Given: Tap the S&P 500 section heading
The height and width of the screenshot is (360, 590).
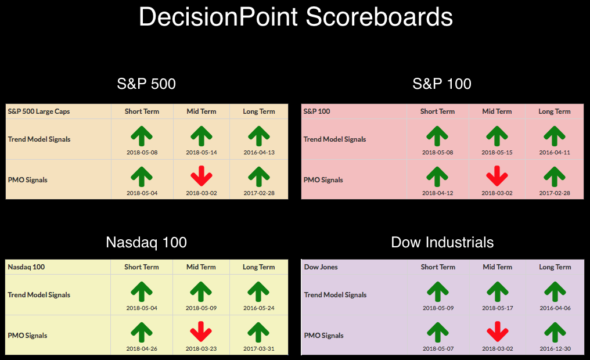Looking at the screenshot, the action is pos(146,84).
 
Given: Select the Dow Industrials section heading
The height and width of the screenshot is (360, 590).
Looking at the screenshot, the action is pos(442,242).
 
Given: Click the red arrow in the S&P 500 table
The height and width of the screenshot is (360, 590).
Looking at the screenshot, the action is pos(202,176).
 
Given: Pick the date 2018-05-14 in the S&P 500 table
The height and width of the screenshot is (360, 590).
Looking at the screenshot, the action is pos(202,152).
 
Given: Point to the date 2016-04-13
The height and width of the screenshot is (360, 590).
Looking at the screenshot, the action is pos(259,152).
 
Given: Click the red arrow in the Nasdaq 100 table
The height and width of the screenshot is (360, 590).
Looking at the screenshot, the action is pos(201,332).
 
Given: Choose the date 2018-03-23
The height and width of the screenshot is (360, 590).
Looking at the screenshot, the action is pos(201,349).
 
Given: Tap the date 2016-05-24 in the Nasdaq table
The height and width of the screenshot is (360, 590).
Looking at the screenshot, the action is pos(259,308).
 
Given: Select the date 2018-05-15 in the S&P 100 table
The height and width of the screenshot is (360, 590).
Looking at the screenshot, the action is pos(497,152).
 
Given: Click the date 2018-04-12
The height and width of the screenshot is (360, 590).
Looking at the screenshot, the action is pos(438,193).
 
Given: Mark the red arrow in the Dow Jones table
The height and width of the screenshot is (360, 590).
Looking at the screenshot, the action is pos(498,332).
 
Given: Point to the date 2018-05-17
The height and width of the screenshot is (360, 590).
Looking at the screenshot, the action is pos(498,308).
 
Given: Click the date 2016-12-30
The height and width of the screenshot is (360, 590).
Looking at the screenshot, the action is pos(555,349).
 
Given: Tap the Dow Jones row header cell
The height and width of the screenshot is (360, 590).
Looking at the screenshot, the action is pos(321,267).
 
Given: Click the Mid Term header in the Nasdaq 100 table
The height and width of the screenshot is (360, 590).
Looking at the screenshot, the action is pos(201,267).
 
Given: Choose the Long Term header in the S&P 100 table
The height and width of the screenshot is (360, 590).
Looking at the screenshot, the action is pos(554,111).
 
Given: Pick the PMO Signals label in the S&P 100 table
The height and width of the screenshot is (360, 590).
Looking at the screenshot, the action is pos(323,180).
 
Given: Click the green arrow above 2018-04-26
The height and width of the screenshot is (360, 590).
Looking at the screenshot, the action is pos(142,333).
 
